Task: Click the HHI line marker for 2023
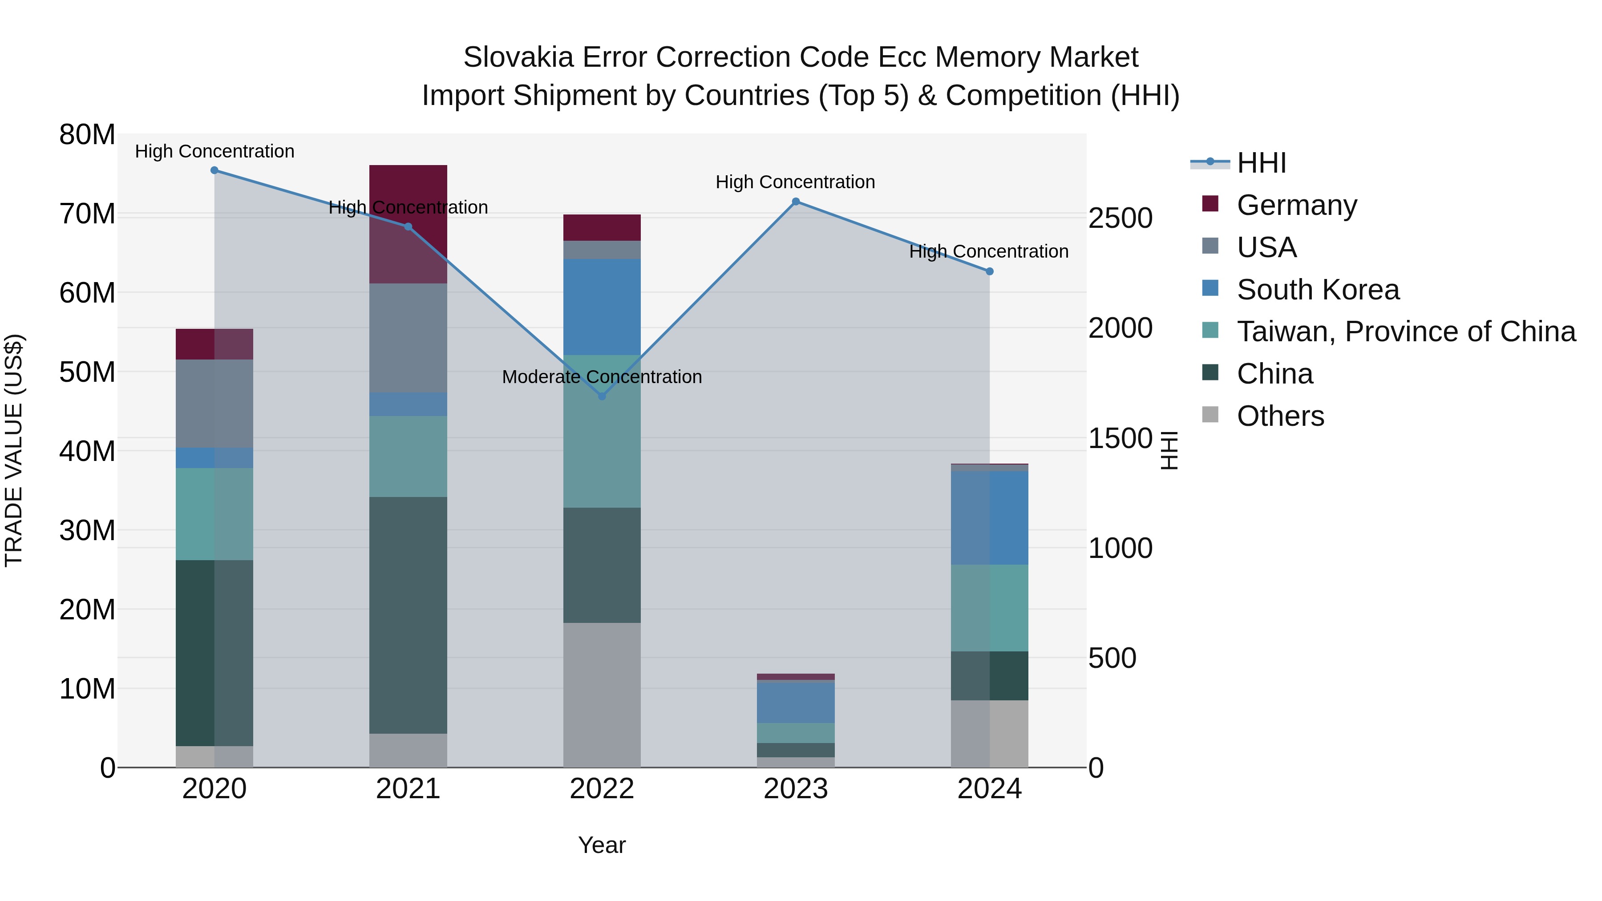pyautogui.click(x=795, y=202)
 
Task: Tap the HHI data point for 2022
pyautogui.click(x=601, y=396)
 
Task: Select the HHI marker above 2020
pyautogui.click(x=214, y=170)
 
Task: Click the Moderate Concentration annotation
pyautogui.click(x=601, y=377)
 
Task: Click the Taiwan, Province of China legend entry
pyautogui.click(x=1405, y=331)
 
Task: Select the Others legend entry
pyautogui.click(x=1280, y=416)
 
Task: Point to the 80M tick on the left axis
pyautogui.click(x=87, y=135)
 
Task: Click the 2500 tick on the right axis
pyautogui.click(x=1120, y=218)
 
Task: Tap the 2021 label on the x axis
pyautogui.click(x=408, y=789)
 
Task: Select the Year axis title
pyautogui.click(x=601, y=845)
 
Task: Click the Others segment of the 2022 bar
pyautogui.click(x=601, y=695)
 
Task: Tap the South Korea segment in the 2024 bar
pyautogui.click(x=989, y=517)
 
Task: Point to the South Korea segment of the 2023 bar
pyautogui.click(x=795, y=703)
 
